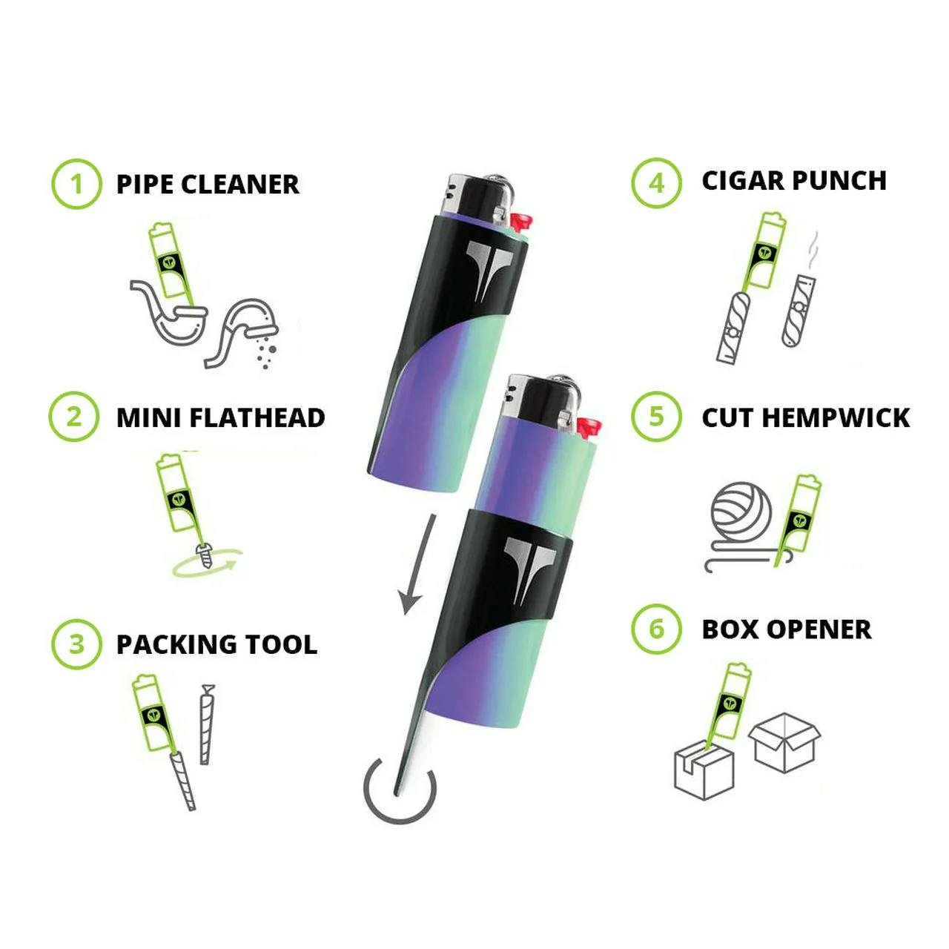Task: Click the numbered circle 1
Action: (x=76, y=184)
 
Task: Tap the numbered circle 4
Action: (x=656, y=182)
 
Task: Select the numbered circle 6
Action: (x=656, y=629)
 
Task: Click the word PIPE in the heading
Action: (x=145, y=185)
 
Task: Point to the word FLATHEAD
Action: (x=257, y=418)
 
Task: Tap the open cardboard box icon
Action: (x=784, y=741)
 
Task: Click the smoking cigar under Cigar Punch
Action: (x=799, y=308)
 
